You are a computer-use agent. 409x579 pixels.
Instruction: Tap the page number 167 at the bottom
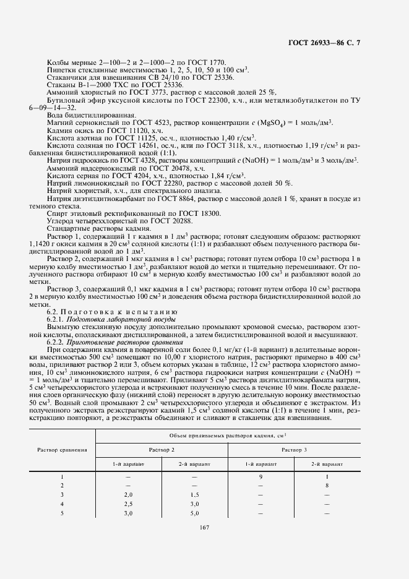point(204,527)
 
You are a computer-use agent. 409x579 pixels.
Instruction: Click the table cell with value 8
point(327,486)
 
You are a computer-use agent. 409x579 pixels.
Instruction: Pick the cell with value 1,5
point(194,495)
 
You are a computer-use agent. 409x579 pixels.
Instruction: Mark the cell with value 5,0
point(194,513)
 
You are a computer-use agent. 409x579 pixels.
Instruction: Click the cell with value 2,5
point(129,504)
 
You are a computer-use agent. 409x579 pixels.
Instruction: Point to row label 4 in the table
point(62,504)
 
